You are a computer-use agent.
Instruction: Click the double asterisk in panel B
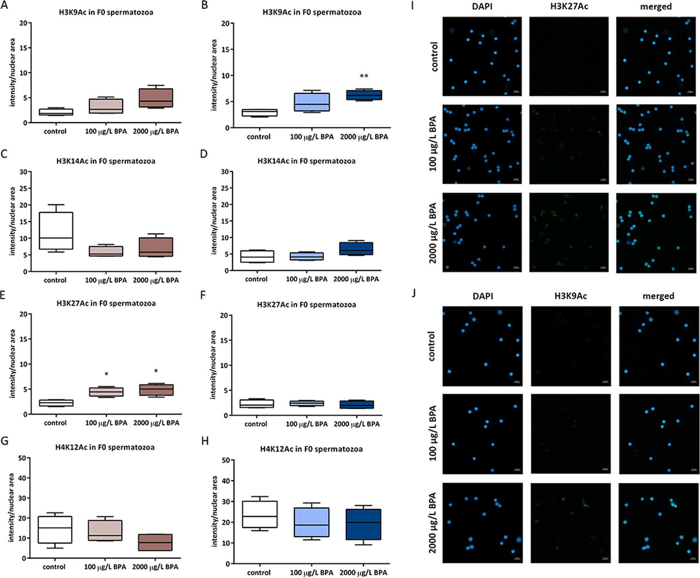[x=364, y=76]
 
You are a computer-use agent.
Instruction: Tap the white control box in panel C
[x=56, y=231]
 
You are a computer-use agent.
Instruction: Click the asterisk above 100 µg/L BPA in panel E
[x=106, y=374]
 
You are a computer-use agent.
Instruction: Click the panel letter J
[x=414, y=293]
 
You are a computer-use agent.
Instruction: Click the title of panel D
[x=306, y=161]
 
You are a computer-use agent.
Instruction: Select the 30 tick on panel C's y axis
[x=23, y=172]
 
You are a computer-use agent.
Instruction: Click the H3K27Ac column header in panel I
[x=569, y=7]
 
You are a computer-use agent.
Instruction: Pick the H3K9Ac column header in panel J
[x=570, y=296]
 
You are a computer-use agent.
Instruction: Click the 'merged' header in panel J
[x=658, y=296]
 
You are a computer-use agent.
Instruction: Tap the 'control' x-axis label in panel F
[x=256, y=424]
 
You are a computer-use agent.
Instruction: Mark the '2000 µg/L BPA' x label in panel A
[x=156, y=132]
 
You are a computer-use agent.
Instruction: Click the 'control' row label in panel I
[x=434, y=57]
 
